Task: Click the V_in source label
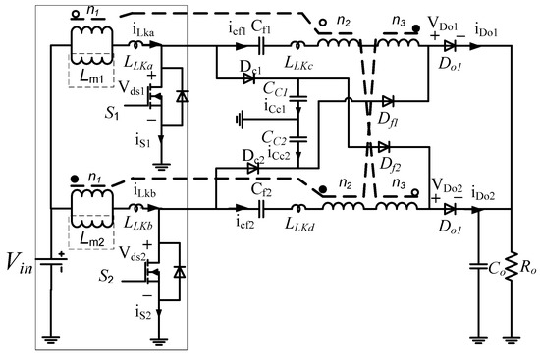28,263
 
